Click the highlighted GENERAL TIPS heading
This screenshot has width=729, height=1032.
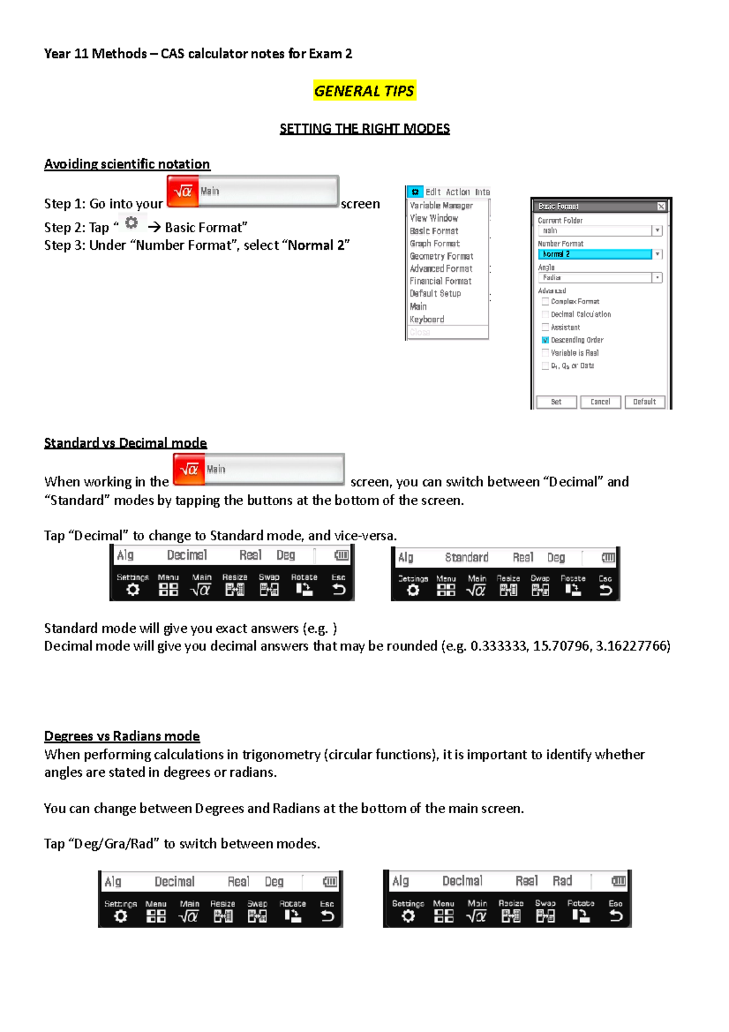tap(364, 91)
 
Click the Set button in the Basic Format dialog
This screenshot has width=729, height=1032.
tap(556, 402)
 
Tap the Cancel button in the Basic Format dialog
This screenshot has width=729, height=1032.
tap(600, 402)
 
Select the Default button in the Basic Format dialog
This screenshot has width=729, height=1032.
tap(644, 402)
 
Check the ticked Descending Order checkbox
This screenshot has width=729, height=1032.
tap(545, 340)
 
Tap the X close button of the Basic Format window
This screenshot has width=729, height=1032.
tap(661, 207)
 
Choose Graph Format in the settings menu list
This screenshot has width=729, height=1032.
tap(434, 244)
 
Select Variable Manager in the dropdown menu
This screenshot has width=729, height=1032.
tap(441, 205)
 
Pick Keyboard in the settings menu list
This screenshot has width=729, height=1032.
tap(427, 319)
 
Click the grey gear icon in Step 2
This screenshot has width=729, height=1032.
tap(131, 223)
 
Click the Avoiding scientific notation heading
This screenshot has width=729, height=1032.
tap(127, 164)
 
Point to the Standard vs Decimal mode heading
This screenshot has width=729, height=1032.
tap(125, 443)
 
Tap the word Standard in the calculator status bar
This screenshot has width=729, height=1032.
tap(467, 557)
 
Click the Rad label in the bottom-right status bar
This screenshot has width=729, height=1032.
tap(562, 881)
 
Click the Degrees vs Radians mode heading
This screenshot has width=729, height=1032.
tap(122, 736)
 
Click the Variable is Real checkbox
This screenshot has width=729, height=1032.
tap(545, 353)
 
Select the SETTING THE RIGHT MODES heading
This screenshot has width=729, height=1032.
tap(364, 129)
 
